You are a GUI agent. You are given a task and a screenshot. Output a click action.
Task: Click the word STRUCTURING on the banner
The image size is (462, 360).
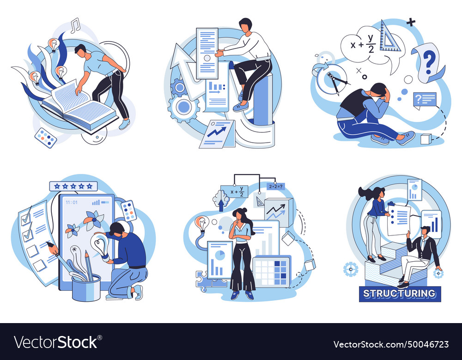[x=400, y=294]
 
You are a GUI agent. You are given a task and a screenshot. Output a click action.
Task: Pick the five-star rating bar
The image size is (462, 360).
[x=74, y=186]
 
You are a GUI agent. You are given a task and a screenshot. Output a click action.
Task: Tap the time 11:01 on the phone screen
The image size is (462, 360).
[x=72, y=202]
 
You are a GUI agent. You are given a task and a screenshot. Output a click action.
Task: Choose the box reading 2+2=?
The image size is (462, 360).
[x=276, y=186]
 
